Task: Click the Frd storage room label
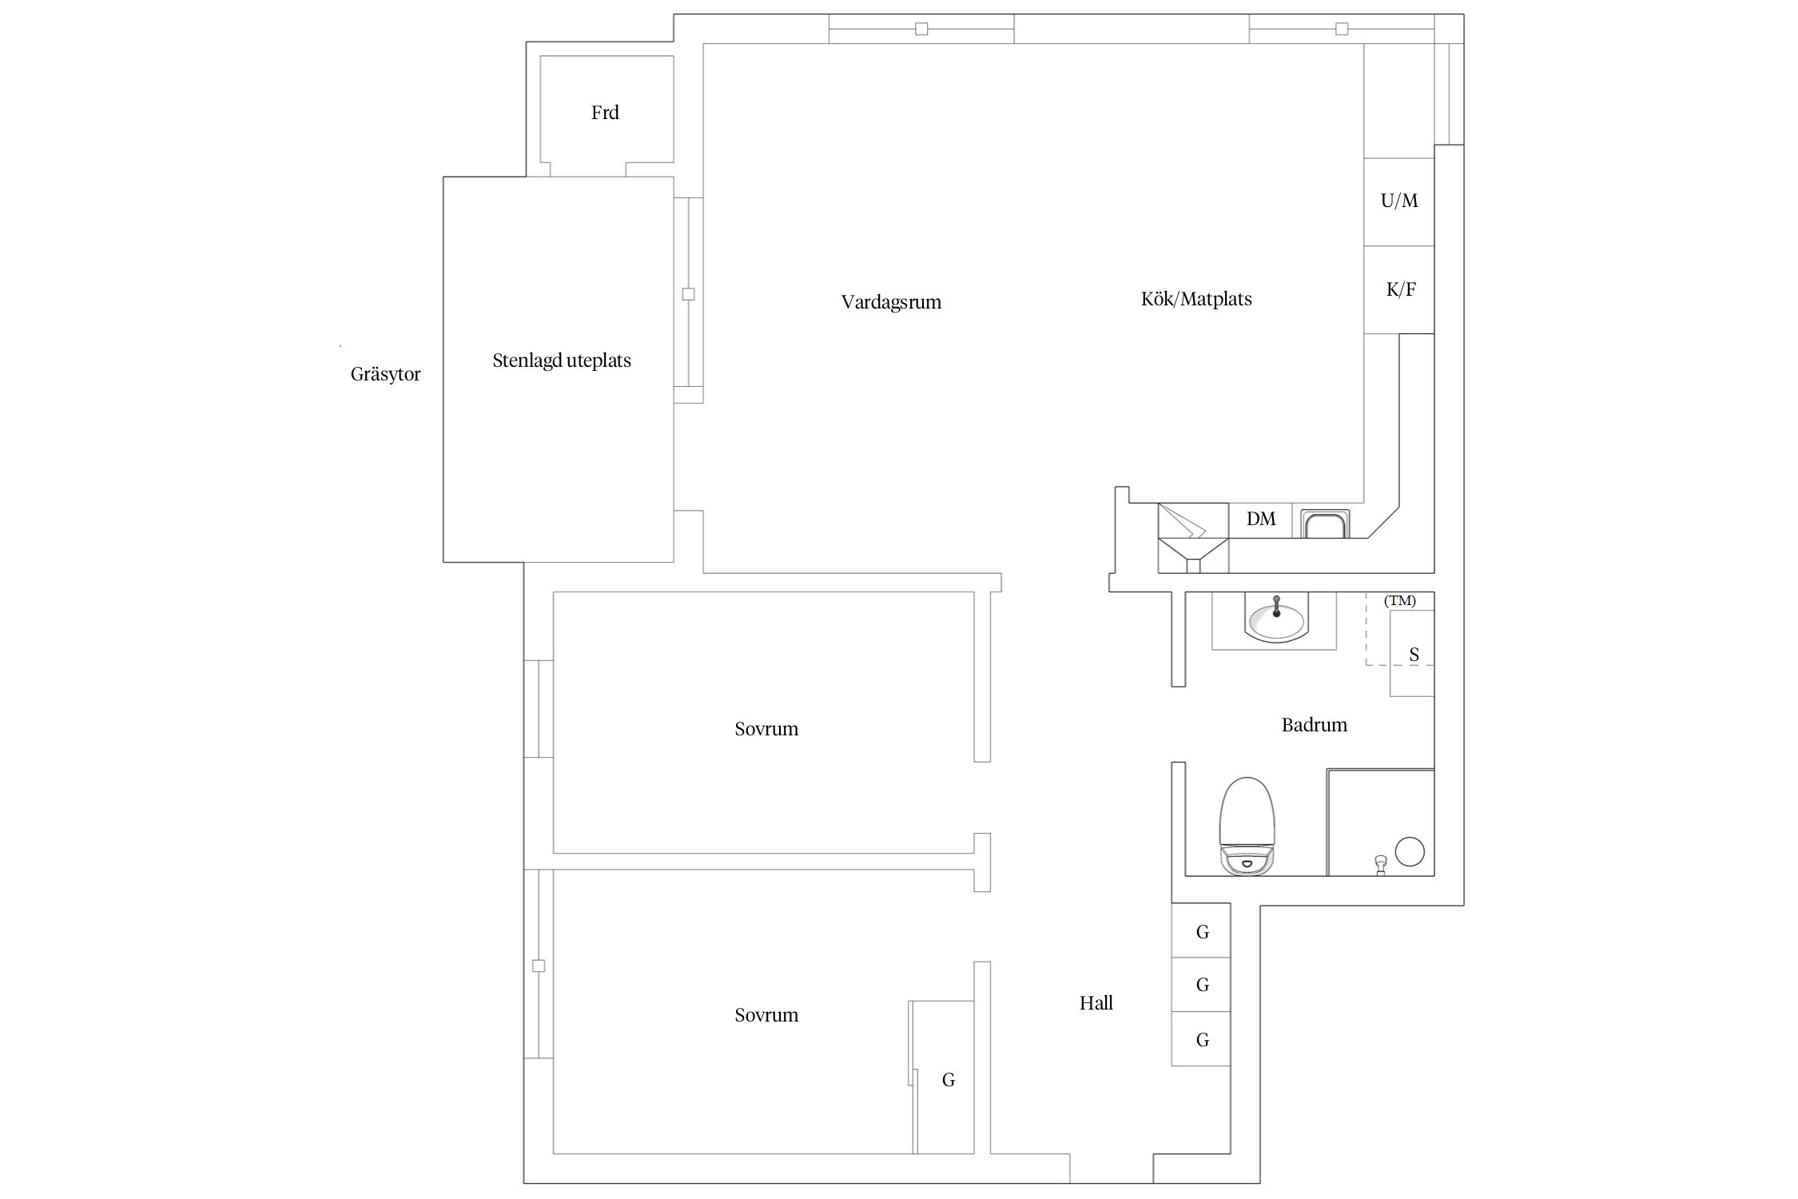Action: tap(605, 113)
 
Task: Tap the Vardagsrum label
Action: tap(891, 302)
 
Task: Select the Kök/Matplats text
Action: tap(1196, 299)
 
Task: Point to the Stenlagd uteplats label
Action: tap(562, 360)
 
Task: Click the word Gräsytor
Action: tap(385, 374)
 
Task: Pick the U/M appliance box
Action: tap(1399, 201)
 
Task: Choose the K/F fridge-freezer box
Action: tap(1399, 289)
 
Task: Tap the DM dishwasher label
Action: tap(1261, 520)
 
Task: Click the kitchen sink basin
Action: tap(1326, 525)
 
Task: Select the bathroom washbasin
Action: tap(1276, 619)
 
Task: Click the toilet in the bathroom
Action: tap(1247, 826)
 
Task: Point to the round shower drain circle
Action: tap(1410, 851)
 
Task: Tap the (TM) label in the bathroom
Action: tap(1400, 601)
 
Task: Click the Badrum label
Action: tap(1315, 725)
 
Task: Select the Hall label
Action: tap(1096, 1003)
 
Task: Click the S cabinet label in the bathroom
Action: tap(1414, 655)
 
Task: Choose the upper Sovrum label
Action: tap(766, 729)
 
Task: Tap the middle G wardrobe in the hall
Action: tap(1201, 985)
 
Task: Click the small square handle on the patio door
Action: tap(688, 294)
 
